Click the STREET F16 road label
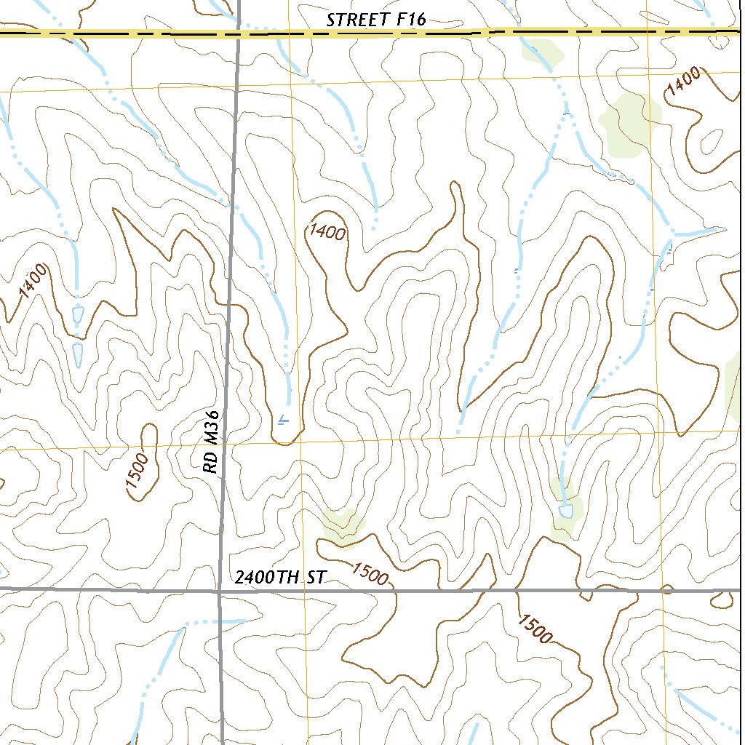click(375, 20)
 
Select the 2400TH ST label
click(280, 578)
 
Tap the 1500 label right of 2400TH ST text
click(370, 574)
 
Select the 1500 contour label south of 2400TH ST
click(535, 629)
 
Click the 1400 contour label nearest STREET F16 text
click(326, 232)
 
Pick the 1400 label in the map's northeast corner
click(684, 81)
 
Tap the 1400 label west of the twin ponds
click(33, 281)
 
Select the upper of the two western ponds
click(79, 315)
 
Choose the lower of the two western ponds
click(78, 354)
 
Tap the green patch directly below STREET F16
click(543, 53)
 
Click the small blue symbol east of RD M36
click(283, 419)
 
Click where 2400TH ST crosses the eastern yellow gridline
click(665, 591)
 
